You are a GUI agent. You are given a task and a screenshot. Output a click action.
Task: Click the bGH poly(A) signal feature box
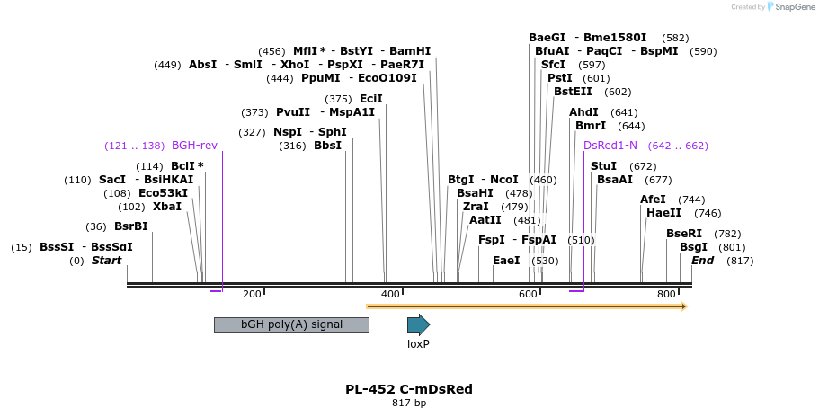click(291, 324)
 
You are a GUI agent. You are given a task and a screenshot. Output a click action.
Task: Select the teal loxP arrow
click(418, 324)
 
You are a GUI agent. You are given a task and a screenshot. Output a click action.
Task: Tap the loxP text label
click(418, 343)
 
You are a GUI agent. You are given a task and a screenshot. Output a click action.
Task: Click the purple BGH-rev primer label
click(194, 146)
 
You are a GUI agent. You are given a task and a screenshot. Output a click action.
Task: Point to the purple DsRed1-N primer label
click(610, 146)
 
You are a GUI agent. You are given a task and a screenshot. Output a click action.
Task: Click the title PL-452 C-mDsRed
click(409, 389)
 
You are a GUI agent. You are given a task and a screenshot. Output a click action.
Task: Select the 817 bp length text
click(409, 403)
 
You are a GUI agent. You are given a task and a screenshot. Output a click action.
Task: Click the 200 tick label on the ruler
click(252, 294)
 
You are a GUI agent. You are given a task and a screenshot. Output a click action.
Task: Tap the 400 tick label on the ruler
click(390, 294)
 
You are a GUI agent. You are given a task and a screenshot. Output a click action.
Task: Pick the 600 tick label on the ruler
click(528, 294)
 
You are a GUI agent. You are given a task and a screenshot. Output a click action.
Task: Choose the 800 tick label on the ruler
click(666, 294)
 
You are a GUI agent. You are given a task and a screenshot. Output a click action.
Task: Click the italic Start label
click(106, 261)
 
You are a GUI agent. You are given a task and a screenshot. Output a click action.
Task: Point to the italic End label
click(702, 261)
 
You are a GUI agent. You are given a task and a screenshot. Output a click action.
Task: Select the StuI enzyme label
click(603, 166)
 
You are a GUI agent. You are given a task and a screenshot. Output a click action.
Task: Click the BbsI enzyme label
click(327, 146)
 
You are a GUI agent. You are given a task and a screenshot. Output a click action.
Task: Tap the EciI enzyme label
click(370, 99)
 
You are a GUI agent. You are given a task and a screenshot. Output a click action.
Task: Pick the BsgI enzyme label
click(693, 247)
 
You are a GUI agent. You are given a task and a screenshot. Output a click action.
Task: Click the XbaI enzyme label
click(167, 207)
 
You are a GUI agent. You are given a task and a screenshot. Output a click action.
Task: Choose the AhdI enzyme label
click(583, 112)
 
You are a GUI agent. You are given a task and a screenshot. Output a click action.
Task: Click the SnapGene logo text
click(790, 7)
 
